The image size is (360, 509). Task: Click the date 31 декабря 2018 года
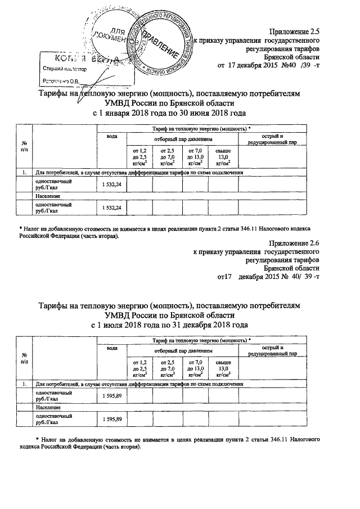205,325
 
